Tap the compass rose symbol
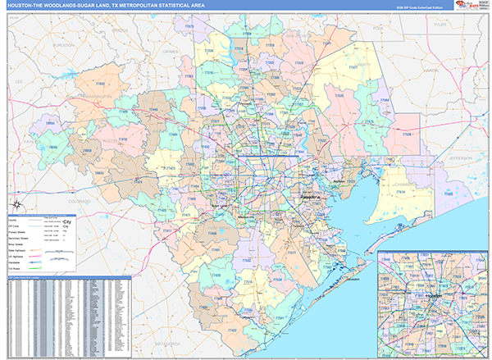click(x=16, y=204)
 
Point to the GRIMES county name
click(x=170, y=50)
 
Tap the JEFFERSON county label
click(x=462, y=157)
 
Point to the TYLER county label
click(x=440, y=25)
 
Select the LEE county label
click(x=19, y=82)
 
